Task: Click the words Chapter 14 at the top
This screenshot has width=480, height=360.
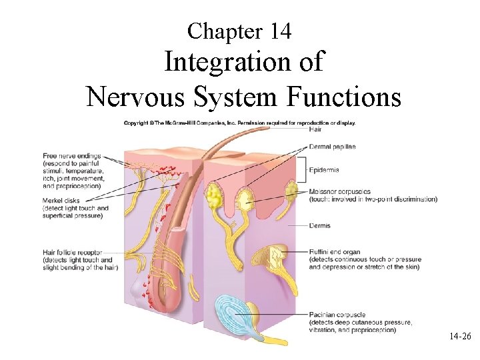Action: point(239,31)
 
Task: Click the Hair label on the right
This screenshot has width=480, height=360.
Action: point(315,129)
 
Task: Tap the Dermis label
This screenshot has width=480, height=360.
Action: point(319,226)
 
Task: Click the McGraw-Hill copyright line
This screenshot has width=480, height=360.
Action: point(239,123)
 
